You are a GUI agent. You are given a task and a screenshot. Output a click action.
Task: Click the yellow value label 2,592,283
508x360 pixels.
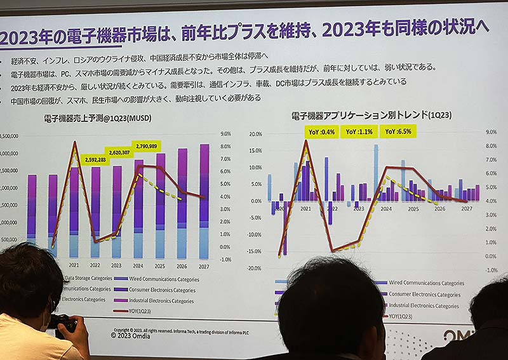point(95,160)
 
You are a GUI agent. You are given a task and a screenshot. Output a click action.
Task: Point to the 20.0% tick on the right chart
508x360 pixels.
point(255,135)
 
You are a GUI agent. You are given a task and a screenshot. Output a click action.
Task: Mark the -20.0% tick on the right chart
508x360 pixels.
point(254,268)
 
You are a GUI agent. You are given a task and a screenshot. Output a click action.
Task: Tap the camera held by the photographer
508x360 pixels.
point(63,324)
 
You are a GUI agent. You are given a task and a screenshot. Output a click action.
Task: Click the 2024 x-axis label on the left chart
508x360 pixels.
point(138,265)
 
